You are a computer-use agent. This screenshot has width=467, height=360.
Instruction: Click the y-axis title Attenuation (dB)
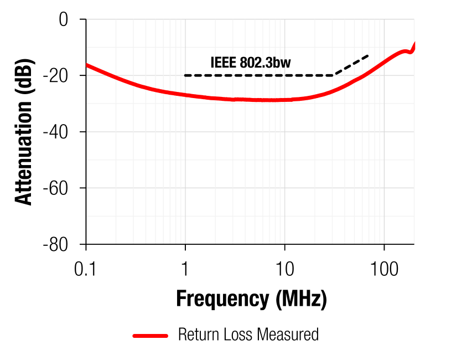(24, 132)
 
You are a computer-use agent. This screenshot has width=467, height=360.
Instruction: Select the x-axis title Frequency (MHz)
(251, 299)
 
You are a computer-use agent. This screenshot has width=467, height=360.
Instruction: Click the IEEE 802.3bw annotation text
(250, 63)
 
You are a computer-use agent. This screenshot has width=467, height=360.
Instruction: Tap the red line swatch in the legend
(150, 335)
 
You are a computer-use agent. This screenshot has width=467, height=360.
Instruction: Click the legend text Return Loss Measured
(248, 335)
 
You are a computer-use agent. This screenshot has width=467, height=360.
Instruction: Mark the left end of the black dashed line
(185, 75)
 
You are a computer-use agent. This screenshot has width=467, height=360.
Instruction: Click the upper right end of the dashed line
(369, 55)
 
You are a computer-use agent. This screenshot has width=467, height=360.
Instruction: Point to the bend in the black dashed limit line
(334, 75)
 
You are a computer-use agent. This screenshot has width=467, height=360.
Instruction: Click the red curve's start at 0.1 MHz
(87, 65)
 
